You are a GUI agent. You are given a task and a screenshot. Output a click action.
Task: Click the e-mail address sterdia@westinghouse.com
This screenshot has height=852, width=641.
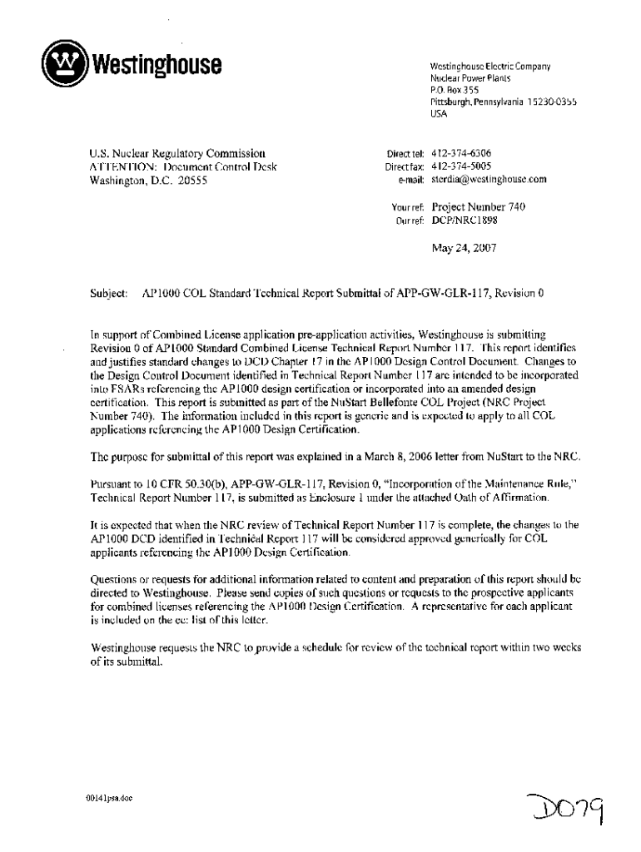point(488,179)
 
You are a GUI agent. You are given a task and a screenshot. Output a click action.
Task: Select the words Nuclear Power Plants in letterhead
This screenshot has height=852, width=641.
point(471,77)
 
